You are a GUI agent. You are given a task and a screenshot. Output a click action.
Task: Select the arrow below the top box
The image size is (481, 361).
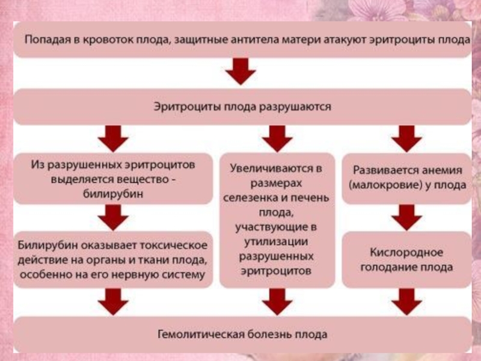[x=240, y=72]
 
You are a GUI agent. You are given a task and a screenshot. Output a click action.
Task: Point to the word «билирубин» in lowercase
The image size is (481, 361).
[x=113, y=194]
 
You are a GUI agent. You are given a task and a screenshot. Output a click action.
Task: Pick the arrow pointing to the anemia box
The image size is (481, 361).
[x=407, y=138]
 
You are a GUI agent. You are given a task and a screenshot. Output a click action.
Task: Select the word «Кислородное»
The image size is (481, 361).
[x=406, y=253]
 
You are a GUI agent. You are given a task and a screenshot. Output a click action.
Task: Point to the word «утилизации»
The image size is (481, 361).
[x=276, y=242]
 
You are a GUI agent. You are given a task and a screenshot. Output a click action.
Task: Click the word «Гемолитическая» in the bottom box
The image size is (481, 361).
[x=201, y=335]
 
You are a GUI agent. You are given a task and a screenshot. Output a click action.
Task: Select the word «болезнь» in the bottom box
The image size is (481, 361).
[x=269, y=335]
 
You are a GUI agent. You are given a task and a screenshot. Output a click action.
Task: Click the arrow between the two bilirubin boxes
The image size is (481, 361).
[x=113, y=217]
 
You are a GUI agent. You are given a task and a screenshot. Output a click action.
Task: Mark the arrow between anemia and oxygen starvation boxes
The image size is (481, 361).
[x=407, y=217]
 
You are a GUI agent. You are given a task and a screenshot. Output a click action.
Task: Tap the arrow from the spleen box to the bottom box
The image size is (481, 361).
[x=277, y=302]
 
